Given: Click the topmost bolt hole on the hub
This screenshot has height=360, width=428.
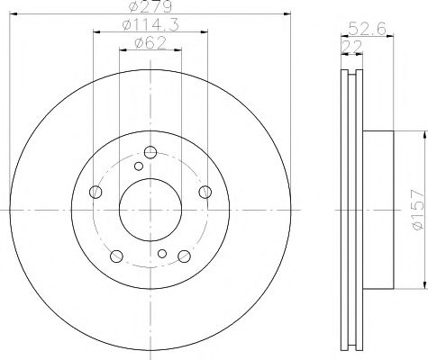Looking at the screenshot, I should tap(150, 152).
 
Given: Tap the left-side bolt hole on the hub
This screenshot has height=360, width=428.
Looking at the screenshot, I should tap(96, 191).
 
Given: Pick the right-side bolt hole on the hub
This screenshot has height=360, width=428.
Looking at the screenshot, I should tap(205, 191).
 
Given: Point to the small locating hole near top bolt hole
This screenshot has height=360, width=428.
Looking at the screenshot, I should tap(138, 166).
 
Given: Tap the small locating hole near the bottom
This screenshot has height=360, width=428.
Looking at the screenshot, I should tap(161, 254).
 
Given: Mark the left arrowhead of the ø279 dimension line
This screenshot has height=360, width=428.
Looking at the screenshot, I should tap(12, 15).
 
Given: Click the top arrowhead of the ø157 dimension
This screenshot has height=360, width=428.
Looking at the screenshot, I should tap(421, 132).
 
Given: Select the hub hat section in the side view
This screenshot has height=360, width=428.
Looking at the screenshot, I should tap(378, 209).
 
